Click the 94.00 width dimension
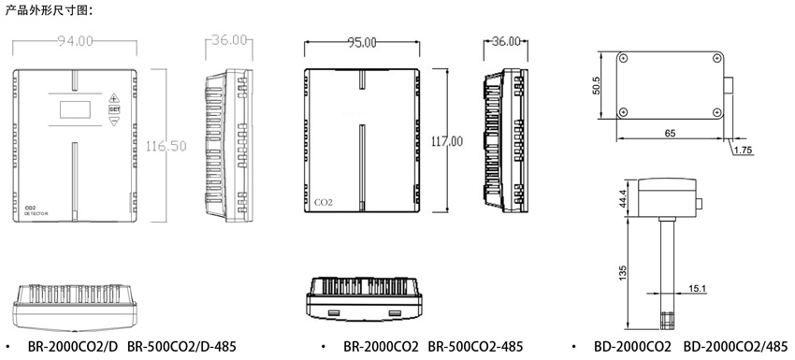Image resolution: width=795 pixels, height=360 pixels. pos(75,41)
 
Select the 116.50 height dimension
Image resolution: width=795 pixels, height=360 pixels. pos(166,146)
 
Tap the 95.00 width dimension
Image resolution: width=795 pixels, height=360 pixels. pos(362,43)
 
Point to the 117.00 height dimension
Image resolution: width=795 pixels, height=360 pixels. pos(447,141)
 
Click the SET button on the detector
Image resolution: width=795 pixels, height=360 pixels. pos(114,109)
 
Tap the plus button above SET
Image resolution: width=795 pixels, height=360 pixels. pos(113,97)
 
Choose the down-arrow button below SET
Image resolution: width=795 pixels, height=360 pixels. pos(114,121)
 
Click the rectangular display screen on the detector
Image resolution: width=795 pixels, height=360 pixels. pos(75,109)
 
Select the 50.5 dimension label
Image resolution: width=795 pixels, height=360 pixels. pos(597,85)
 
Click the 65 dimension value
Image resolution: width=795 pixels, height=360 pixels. pos(670,134)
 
